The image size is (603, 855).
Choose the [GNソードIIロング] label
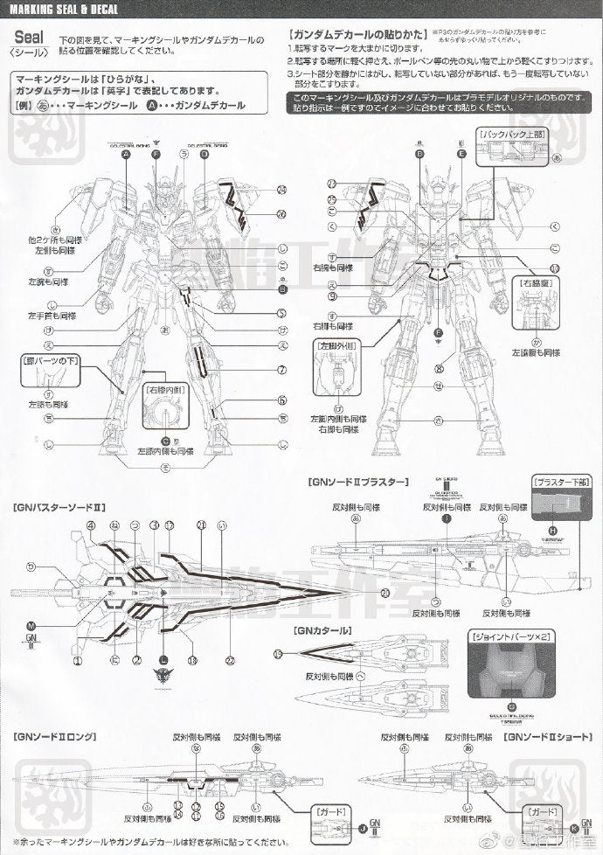[51, 738]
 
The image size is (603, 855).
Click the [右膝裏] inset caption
[533, 284]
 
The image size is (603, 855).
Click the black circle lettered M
[31, 627]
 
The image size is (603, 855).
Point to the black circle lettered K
[574, 826]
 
